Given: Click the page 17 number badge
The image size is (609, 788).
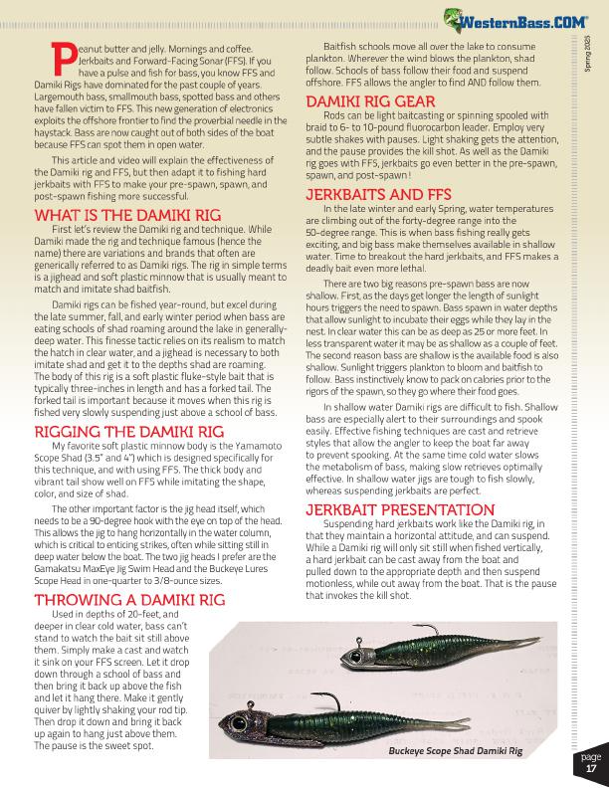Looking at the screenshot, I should pos(591,763).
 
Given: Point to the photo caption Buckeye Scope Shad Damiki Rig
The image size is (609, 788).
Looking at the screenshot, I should pos(455,751).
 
